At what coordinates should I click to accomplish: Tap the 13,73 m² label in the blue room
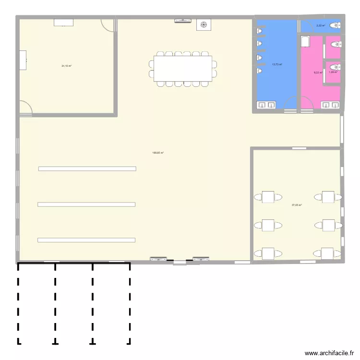click(x=277, y=64)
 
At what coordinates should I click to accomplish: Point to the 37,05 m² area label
click(x=297, y=205)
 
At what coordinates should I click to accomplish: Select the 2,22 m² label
click(x=321, y=25)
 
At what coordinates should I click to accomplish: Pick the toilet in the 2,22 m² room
click(x=335, y=25)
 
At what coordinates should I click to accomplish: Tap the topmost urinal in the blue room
click(x=260, y=31)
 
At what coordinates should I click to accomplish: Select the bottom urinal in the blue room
click(x=260, y=71)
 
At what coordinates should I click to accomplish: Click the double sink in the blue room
click(x=266, y=105)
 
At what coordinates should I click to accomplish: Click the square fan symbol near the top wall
click(x=204, y=24)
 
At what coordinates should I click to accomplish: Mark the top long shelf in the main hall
click(x=87, y=168)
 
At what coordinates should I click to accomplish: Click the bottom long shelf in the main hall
click(x=86, y=240)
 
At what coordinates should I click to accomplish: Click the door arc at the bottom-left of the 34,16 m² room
click(x=26, y=108)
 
